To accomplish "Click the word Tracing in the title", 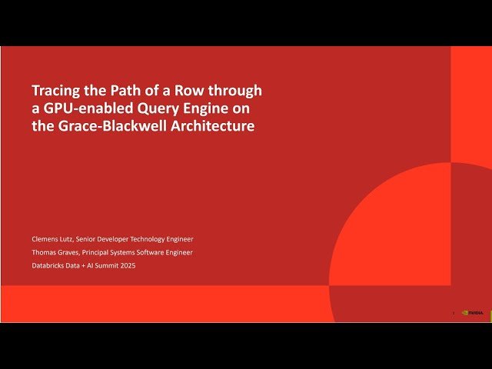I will coord(55,90).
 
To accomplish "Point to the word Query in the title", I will coord(149,108).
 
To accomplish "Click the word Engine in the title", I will coord(195,108).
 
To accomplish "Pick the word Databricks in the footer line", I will coord(48,265).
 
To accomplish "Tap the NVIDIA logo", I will coord(473,313).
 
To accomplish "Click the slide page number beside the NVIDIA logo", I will coord(454,313).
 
